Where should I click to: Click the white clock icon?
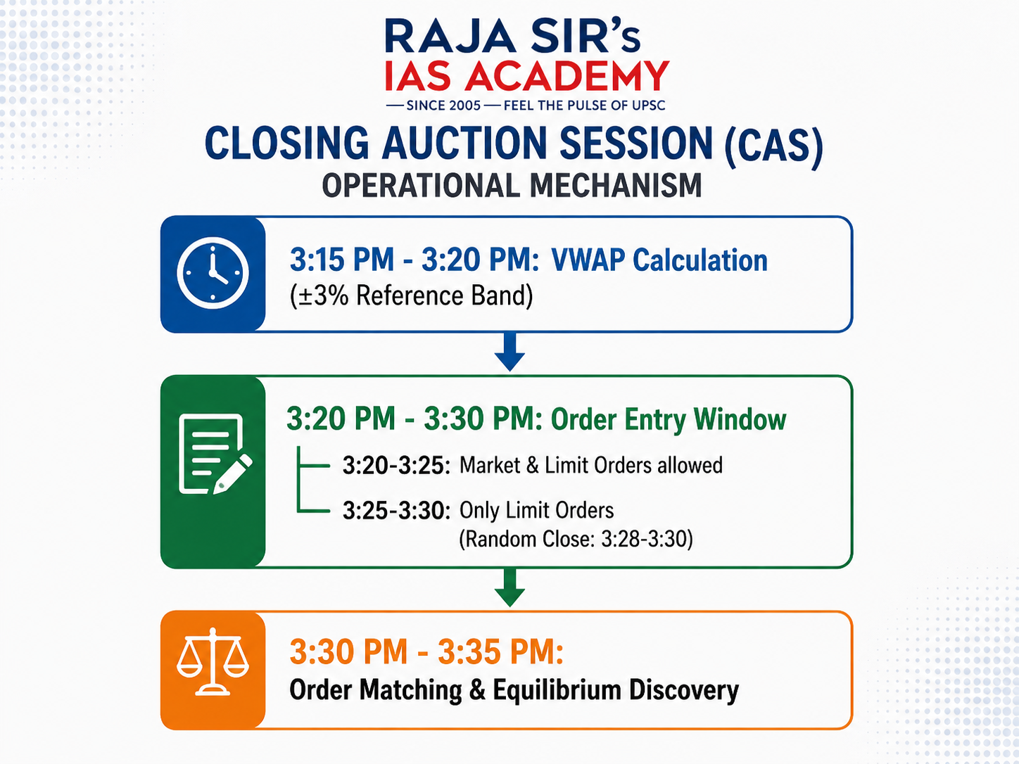(x=213, y=273)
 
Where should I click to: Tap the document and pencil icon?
(x=215, y=454)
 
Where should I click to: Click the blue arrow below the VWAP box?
(x=509, y=352)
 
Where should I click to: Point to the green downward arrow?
(x=509, y=587)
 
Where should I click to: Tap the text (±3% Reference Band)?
(x=411, y=296)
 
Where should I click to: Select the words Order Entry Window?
(x=669, y=420)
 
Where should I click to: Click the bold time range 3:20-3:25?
(x=396, y=465)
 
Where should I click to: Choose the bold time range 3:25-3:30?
(x=396, y=510)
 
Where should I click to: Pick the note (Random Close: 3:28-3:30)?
(x=576, y=539)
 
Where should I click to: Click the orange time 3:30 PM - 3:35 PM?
(x=426, y=651)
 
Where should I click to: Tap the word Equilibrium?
(x=557, y=690)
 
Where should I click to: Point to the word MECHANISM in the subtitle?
(x=616, y=186)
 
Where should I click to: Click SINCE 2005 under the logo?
(x=443, y=106)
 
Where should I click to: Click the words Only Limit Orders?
(x=537, y=510)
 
